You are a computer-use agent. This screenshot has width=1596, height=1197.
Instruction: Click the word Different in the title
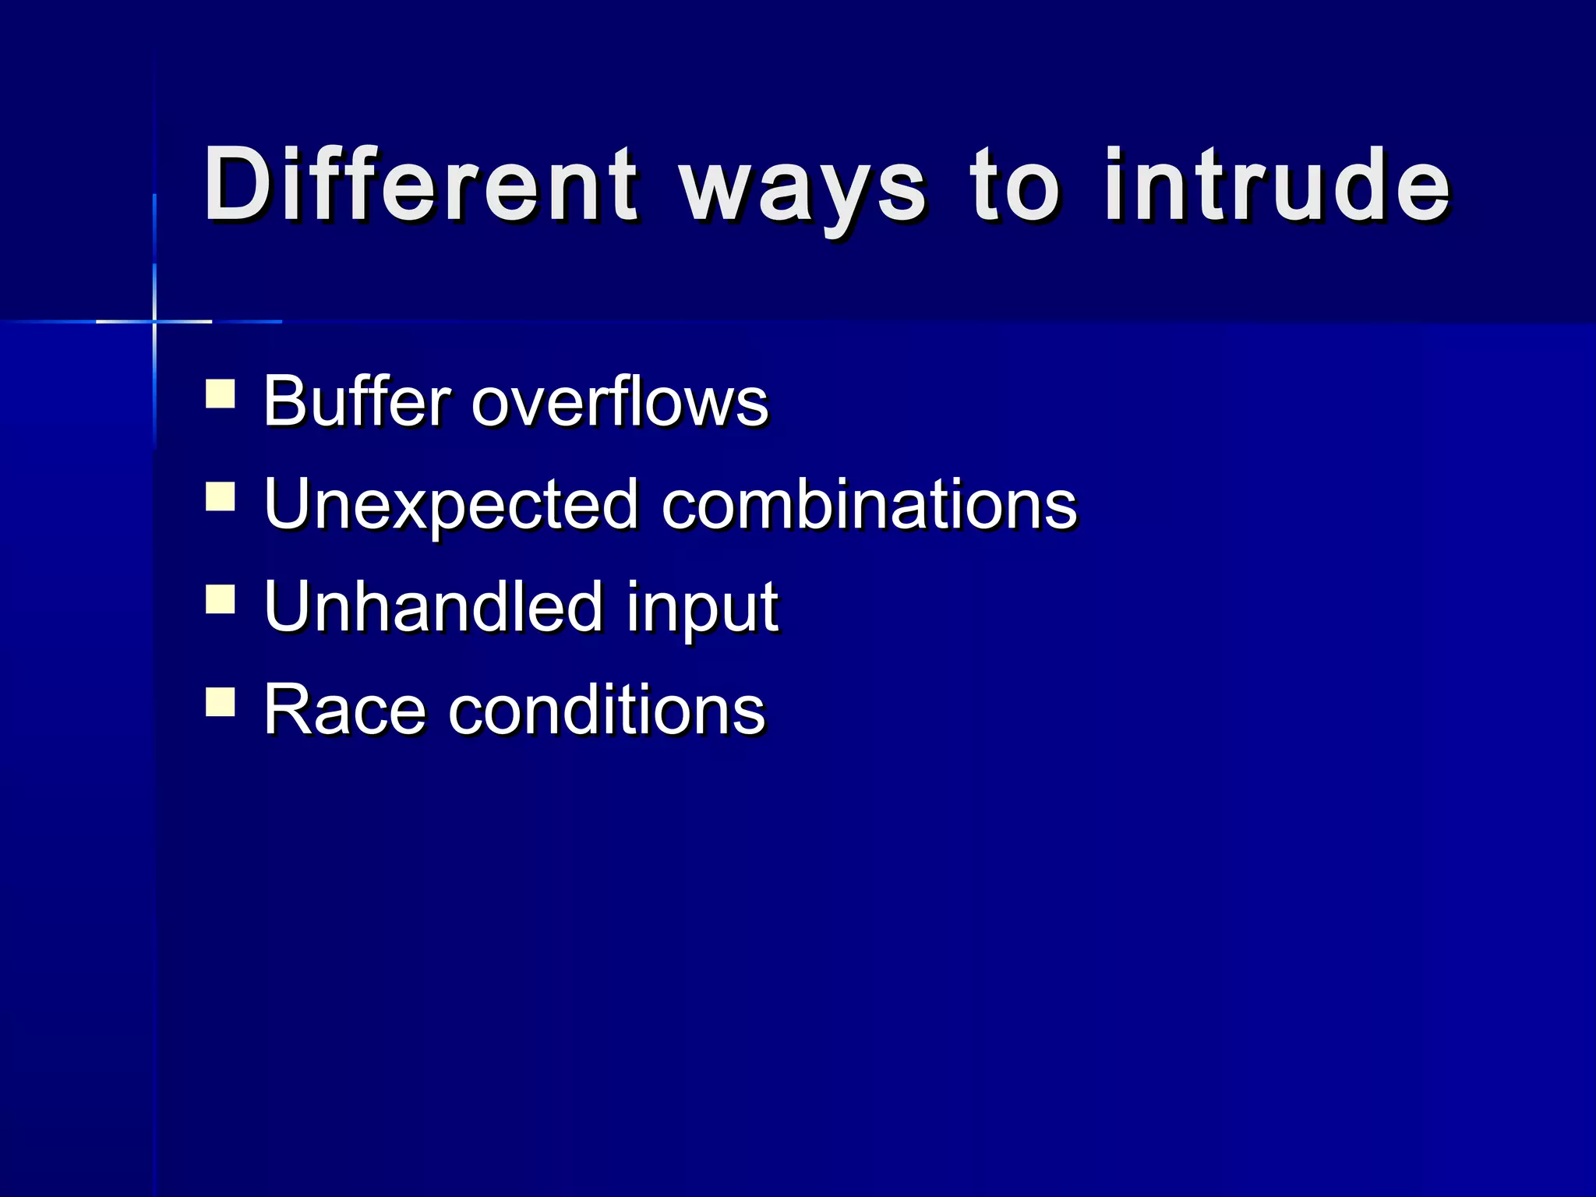(x=421, y=185)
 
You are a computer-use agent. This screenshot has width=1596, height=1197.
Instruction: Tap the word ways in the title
(x=803, y=191)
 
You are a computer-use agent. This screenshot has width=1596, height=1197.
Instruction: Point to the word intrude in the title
(x=1277, y=185)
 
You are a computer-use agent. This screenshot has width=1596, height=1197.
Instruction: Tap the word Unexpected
(x=451, y=505)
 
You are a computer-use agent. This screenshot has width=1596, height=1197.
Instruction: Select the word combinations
(x=869, y=504)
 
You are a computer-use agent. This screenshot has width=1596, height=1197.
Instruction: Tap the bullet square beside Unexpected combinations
(x=221, y=496)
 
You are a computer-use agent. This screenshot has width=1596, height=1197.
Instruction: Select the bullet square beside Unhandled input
(x=221, y=599)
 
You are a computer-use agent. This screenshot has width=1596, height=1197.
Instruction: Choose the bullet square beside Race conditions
(x=221, y=701)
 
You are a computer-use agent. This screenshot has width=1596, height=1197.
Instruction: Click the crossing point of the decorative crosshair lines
(x=154, y=321)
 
